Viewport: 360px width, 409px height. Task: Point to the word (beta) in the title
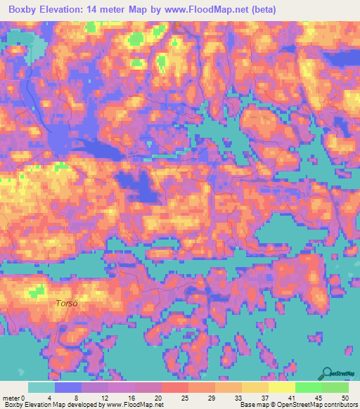(x=263, y=10)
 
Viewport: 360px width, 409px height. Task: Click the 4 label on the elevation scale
(x=55, y=398)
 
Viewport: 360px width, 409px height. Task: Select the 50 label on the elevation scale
(x=345, y=398)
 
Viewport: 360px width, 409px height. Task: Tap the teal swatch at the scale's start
(x=41, y=387)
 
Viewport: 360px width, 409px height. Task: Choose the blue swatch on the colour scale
(x=68, y=387)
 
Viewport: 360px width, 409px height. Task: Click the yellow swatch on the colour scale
(x=282, y=387)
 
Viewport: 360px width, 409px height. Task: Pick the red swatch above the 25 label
(x=175, y=387)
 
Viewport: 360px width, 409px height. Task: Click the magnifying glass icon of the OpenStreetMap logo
(x=327, y=373)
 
